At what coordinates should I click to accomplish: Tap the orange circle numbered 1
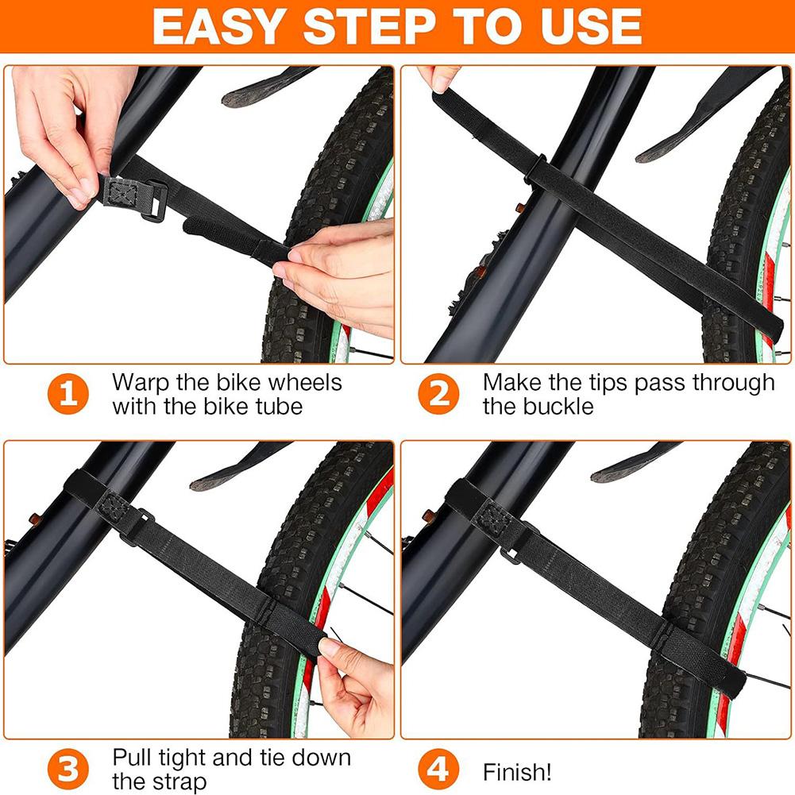[x=70, y=395]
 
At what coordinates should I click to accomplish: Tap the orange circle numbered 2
[x=439, y=395]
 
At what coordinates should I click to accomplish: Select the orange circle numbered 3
[x=70, y=770]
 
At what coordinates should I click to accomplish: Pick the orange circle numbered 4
[x=439, y=770]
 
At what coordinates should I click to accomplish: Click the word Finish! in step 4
[x=517, y=772]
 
